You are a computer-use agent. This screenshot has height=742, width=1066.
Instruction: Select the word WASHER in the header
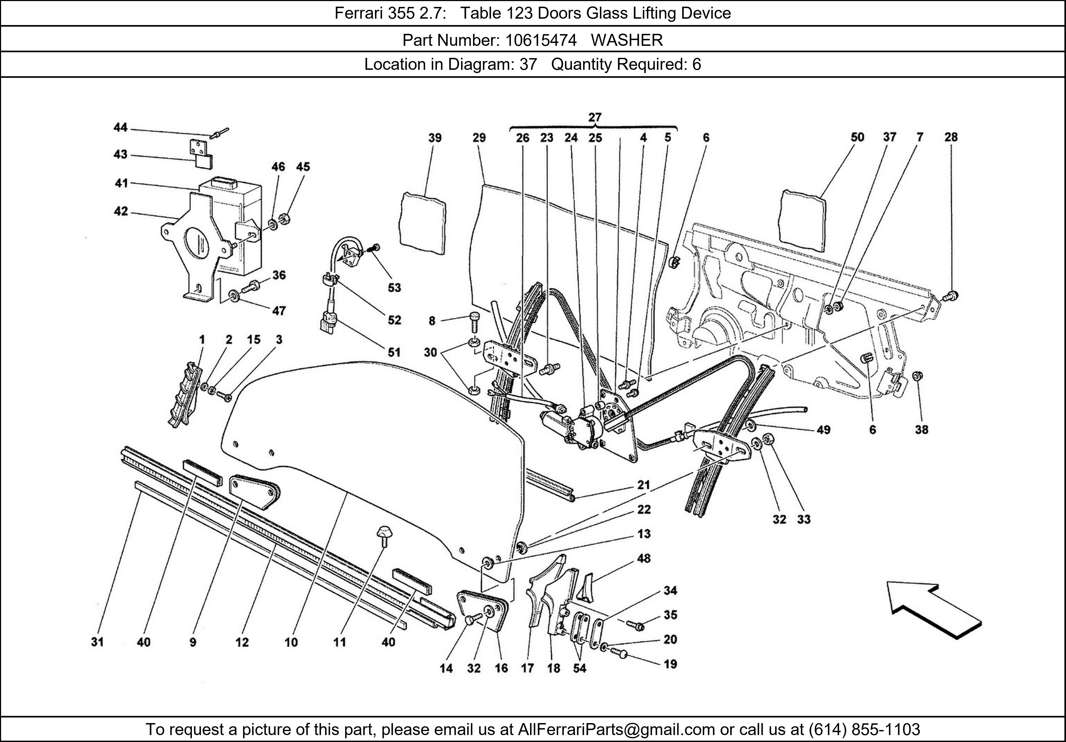pyautogui.click(x=627, y=41)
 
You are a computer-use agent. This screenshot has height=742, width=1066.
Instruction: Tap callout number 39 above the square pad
pyautogui.click(x=435, y=138)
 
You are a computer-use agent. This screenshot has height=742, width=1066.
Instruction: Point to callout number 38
pyautogui.click(x=922, y=430)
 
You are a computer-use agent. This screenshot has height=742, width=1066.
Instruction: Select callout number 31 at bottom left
pyautogui.click(x=97, y=642)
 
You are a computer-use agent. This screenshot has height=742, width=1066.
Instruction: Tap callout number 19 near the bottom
pyautogui.click(x=670, y=664)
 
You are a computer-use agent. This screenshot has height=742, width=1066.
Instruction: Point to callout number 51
pyautogui.click(x=394, y=352)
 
